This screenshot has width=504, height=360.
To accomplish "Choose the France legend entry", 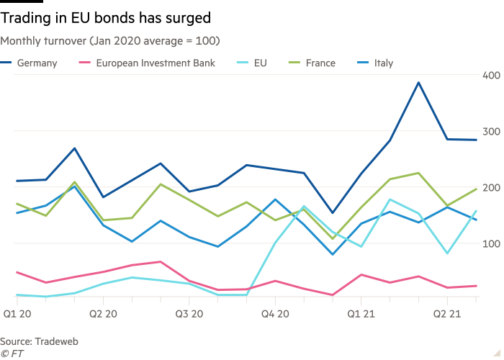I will [x=320, y=63].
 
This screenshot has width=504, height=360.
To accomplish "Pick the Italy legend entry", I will [x=384, y=63].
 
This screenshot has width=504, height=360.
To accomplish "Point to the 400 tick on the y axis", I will [x=491, y=76].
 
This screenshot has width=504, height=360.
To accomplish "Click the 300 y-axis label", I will [x=491, y=132].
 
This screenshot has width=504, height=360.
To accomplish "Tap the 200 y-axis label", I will [x=491, y=188].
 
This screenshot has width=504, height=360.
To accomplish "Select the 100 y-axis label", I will [x=491, y=244].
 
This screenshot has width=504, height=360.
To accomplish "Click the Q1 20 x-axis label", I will [x=17, y=314].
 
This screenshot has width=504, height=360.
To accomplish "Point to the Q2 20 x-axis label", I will [x=103, y=314].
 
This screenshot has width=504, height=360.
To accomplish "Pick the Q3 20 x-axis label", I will [x=189, y=314].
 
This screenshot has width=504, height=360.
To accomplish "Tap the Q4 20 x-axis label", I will [x=274, y=314].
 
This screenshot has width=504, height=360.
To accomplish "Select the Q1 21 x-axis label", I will [x=360, y=314].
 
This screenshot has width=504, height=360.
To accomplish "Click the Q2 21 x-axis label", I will [x=446, y=314].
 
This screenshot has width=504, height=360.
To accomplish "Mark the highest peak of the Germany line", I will [x=418, y=83].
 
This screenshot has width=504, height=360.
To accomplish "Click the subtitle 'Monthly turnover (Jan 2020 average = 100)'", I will [x=110, y=41].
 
